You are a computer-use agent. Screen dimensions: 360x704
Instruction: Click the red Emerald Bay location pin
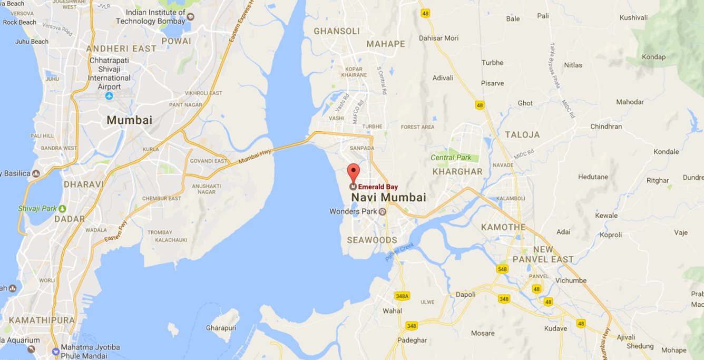click(353, 173)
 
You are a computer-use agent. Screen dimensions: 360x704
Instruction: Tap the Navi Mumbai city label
click(388, 198)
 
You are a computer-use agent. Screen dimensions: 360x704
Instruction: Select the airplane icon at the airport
click(109, 96)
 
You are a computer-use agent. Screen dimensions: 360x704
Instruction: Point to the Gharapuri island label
click(221, 328)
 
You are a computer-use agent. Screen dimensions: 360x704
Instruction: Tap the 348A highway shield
click(402, 296)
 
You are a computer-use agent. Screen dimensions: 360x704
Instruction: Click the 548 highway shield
click(502, 269)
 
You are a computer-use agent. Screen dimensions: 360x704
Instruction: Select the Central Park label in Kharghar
click(451, 158)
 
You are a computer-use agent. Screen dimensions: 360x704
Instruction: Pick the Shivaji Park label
click(38, 209)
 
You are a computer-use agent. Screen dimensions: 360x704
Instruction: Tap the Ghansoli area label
click(337, 31)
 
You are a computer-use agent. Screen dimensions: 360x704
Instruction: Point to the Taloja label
click(522, 135)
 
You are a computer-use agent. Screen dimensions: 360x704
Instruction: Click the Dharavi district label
click(84, 184)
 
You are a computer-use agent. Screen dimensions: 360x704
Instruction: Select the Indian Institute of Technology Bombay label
click(151, 17)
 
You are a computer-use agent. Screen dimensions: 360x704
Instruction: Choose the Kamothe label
click(503, 227)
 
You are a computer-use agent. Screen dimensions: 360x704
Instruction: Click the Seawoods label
click(372, 240)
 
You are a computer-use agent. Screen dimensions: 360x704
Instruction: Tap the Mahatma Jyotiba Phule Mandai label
click(90, 352)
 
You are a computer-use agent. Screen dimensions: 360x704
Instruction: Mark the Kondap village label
click(653, 57)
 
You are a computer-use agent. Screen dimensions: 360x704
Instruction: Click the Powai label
click(176, 41)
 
